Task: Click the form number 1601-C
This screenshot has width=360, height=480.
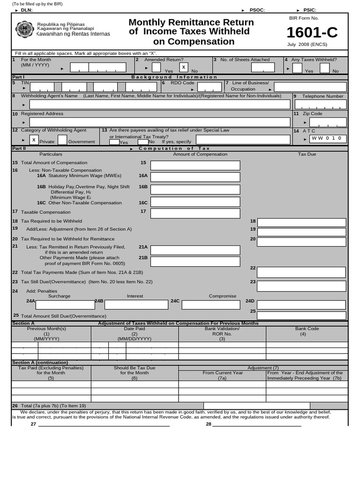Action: tap(312, 33)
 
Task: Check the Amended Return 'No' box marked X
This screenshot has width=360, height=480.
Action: tap(184, 67)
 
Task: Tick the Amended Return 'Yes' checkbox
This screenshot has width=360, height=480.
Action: tap(156, 67)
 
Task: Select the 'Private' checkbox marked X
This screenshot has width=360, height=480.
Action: tap(34, 140)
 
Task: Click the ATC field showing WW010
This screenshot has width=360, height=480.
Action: tap(328, 139)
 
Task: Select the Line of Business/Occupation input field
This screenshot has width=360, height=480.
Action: tap(310, 87)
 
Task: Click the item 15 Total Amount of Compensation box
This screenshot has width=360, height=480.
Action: tap(195, 165)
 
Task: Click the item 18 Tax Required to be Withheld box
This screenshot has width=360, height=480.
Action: tap(301, 223)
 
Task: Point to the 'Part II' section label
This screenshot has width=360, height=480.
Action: tap(18, 148)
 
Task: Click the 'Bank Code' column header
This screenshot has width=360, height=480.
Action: tap(307, 329)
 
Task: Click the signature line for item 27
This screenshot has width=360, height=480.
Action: tap(104, 425)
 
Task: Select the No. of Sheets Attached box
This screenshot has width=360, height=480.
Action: tap(263, 67)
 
